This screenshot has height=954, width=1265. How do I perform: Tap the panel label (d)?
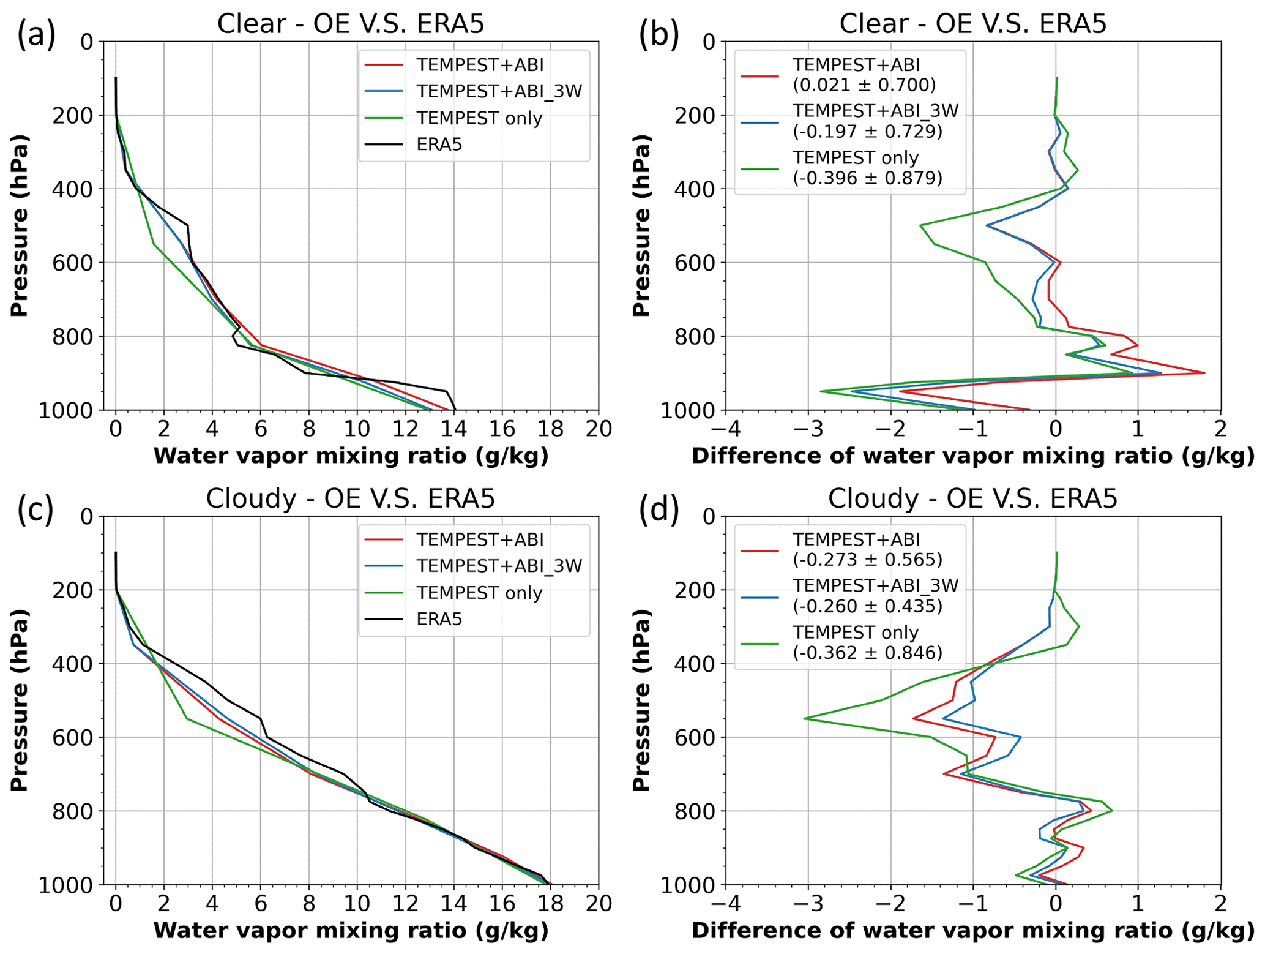click(659, 510)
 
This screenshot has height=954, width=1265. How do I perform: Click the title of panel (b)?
click(973, 24)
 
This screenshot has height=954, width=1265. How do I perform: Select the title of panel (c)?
click(350, 498)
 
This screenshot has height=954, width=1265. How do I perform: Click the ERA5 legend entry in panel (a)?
click(439, 145)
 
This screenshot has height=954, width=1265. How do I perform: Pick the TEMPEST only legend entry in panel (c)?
click(479, 593)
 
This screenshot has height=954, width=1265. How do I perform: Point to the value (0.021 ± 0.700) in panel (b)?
click(864, 85)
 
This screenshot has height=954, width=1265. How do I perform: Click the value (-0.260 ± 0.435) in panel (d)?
click(867, 606)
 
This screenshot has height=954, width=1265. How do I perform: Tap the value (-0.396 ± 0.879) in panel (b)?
click(867, 178)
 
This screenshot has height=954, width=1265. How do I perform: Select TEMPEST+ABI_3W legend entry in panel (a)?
click(499, 91)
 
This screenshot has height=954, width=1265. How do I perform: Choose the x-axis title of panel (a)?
click(351, 456)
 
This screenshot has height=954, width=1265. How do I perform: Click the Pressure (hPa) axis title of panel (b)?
click(641, 225)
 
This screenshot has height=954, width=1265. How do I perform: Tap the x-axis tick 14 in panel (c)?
click(453, 904)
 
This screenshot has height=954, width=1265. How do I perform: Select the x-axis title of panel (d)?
click(973, 931)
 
